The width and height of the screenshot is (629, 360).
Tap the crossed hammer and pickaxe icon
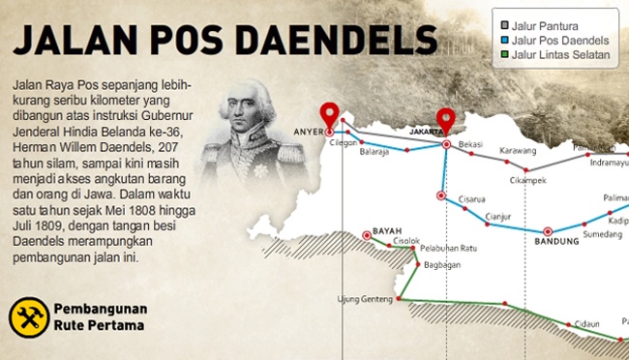tap(29, 316)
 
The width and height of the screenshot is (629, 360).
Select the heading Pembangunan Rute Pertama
tap(100, 317)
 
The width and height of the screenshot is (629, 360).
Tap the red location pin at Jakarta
tap(446, 120)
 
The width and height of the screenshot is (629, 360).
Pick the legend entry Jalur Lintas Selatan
tap(561, 54)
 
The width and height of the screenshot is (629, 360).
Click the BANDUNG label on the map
tap(549, 243)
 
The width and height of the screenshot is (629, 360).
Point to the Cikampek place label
tap(540, 179)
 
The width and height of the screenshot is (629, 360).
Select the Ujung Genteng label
tap(362, 298)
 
